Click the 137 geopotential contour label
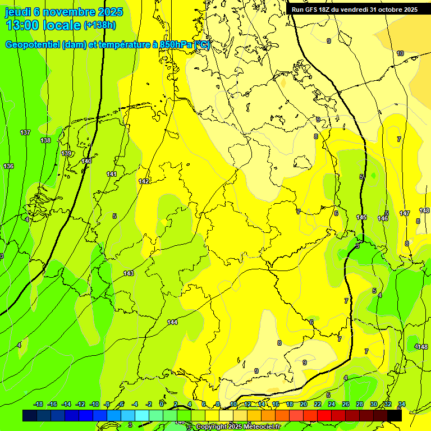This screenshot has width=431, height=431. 25,132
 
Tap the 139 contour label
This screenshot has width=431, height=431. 66,153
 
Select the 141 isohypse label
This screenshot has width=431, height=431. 112,174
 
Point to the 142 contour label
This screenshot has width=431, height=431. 144,181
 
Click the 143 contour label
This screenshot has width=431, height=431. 129,273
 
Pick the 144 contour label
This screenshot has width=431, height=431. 172,322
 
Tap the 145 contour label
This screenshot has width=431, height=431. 361,217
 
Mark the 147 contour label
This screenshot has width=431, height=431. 405,213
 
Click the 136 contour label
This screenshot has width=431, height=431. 8,167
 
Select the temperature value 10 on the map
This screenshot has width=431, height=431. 400,53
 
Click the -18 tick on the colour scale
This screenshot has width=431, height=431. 39,404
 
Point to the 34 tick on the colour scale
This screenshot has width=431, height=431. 402,404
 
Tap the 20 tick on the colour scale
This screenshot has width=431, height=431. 304,404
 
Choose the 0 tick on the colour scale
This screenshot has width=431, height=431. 162,404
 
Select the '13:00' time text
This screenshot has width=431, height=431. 22,25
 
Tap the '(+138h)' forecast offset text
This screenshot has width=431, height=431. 99,25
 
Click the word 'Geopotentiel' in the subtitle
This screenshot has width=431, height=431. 33,45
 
